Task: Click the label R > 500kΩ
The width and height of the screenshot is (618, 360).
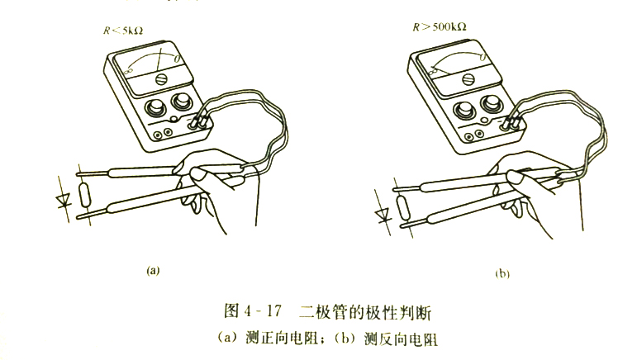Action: (440, 26)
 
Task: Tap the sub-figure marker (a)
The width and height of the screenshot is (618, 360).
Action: (151, 269)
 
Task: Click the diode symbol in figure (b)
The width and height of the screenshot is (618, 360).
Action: (382, 215)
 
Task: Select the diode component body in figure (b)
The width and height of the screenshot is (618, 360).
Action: (403, 211)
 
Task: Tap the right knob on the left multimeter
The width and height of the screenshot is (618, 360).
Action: (182, 102)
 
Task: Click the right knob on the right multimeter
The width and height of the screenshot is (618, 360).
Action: (492, 103)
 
